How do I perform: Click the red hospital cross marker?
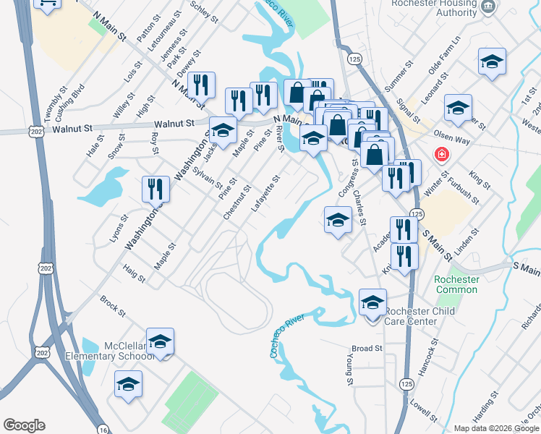point(440,154)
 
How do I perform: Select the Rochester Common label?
point(456,284)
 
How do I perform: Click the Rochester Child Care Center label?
point(411,316)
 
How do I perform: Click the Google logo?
point(24,425)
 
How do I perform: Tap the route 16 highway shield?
point(104,428)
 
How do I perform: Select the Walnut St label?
point(74,128)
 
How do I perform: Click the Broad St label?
point(367,349)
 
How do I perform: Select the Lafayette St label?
point(265,193)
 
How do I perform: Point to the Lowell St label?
point(422,410)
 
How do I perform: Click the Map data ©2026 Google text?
point(495,428)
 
